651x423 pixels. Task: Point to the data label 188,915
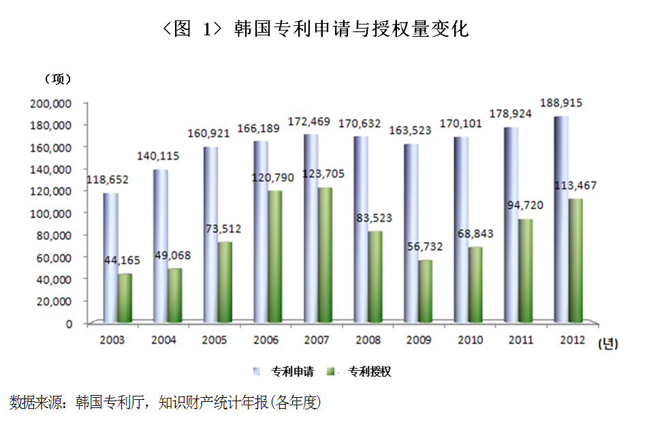click(560, 103)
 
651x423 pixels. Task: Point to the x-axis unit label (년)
click(607, 345)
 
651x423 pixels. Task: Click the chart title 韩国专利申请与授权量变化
click(351, 29)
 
